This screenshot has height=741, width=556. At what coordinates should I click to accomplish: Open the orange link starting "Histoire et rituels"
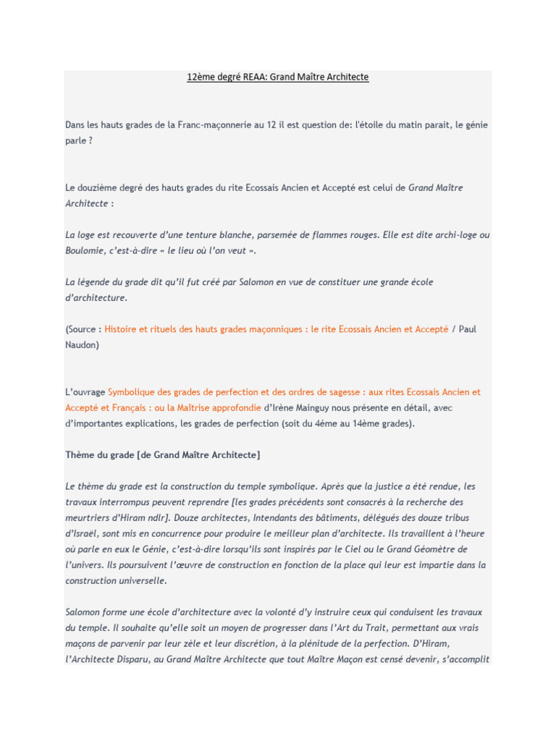tap(277, 329)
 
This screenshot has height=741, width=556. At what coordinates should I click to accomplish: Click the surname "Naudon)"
tap(82, 344)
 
